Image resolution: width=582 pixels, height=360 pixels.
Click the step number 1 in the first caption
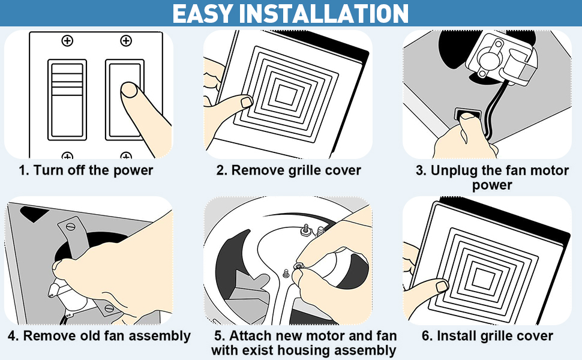tap(23, 170)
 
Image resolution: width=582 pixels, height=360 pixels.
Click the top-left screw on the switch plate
tap(67, 41)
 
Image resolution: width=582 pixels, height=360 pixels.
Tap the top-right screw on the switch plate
tap(125, 41)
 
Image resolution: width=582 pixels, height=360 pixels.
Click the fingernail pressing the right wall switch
tap(128, 90)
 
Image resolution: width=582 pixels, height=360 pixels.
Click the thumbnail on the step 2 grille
tap(246, 103)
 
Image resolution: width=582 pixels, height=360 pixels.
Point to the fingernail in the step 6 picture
tap(442, 286)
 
